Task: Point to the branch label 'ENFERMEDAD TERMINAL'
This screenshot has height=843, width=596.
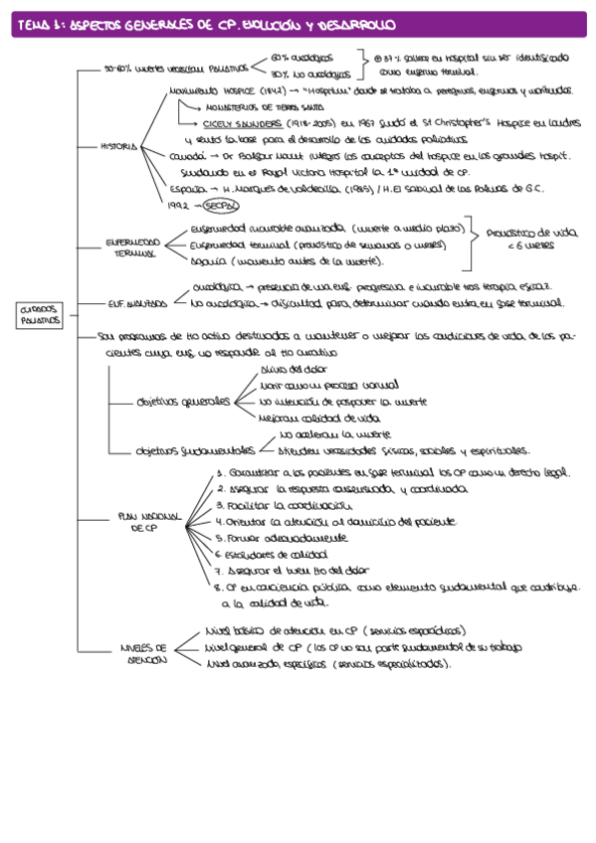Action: [x=132, y=248]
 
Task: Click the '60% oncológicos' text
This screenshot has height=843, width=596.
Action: [x=302, y=59]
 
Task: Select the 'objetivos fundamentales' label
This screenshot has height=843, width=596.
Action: [x=193, y=449]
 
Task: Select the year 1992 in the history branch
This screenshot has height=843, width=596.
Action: [x=178, y=206]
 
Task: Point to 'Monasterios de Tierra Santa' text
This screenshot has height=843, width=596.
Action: [x=257, y=107]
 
